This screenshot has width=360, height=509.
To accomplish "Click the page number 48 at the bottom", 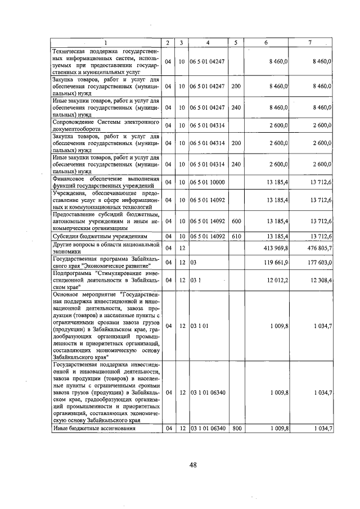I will pyautogui.click(x=192, y=465).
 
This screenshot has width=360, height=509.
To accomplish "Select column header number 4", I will pyautogui.click(x=208, y=43).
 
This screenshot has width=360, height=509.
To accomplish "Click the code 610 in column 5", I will pyautogui.click(x=236, y=237).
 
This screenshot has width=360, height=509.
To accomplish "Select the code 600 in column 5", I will pyautogui.click(x=236, y=221).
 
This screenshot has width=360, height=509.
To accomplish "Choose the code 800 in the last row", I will pyautogui.click(x=236, y=429).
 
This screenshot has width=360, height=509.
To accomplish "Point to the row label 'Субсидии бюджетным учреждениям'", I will pyautogui.click(x=100, y=237).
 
